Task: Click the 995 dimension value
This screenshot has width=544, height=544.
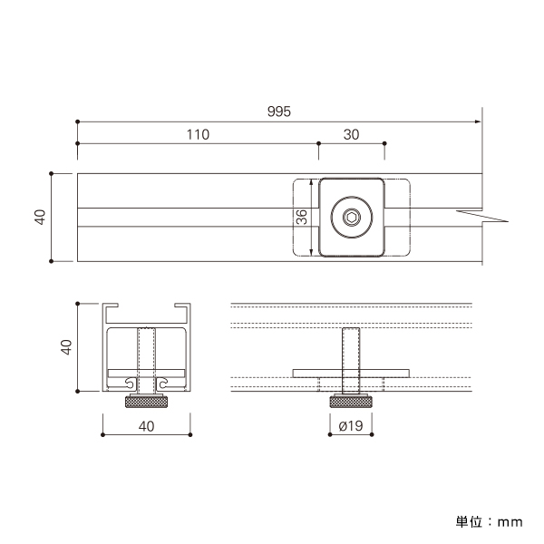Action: click(279, 112)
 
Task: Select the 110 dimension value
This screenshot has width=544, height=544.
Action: click(198, 134)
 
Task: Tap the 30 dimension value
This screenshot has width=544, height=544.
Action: click(351, 134)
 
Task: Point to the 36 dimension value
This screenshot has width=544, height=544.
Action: click(302, 217)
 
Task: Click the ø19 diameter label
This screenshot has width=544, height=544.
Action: click(351, 426)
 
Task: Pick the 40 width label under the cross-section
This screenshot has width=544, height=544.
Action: click(146, 426)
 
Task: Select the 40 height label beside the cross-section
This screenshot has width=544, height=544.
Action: click(66, 347)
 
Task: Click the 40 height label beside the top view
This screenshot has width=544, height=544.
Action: click(40, 218)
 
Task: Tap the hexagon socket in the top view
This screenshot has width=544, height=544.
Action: click(352, 218)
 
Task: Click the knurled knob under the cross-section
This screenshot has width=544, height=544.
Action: click(146, 403)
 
